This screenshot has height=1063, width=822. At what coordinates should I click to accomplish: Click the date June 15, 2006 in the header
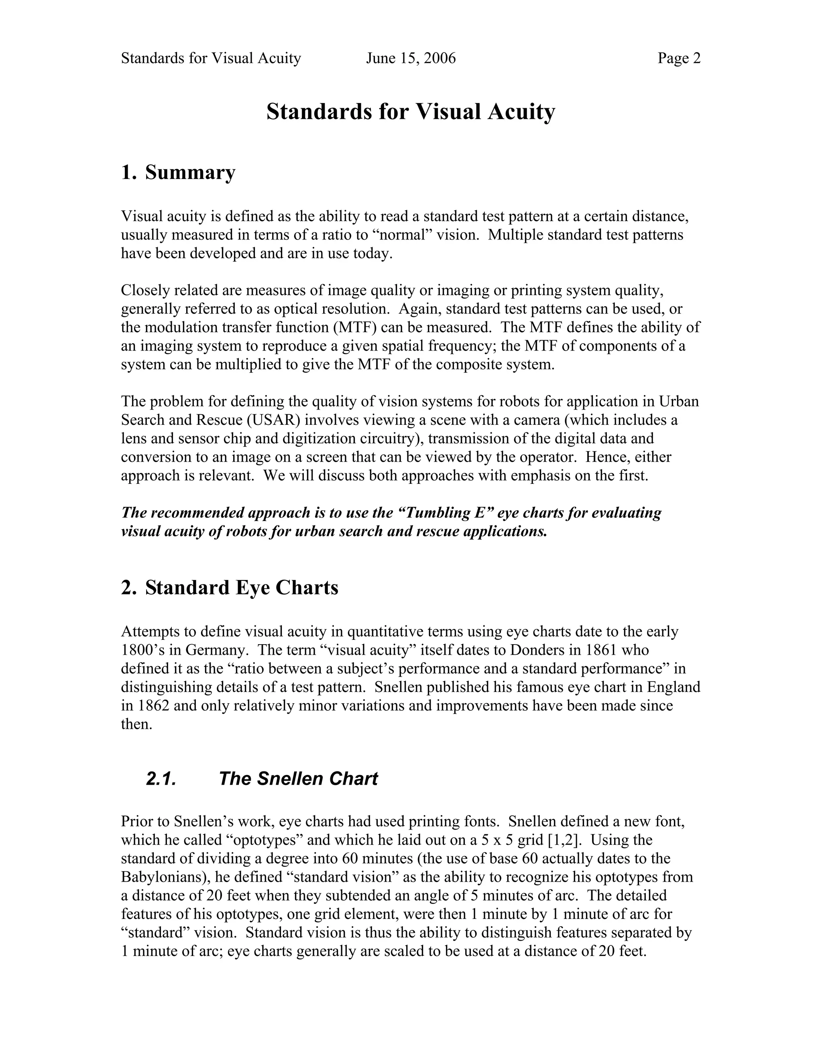tap(411, 59)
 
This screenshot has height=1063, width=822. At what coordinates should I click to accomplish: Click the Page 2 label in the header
tap(679, 59)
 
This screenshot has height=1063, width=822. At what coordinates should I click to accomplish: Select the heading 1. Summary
tap(178, 172)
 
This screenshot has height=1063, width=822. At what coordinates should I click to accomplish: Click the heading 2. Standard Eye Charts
tap(229, 588)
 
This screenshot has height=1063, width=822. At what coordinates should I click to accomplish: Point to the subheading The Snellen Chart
tap(298, 779)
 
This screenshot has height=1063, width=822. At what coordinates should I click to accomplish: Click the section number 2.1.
tap(161, 779)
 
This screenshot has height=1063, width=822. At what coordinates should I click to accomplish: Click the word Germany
tap(218, 650)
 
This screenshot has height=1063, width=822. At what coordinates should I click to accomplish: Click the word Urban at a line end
tap(679, 402)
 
